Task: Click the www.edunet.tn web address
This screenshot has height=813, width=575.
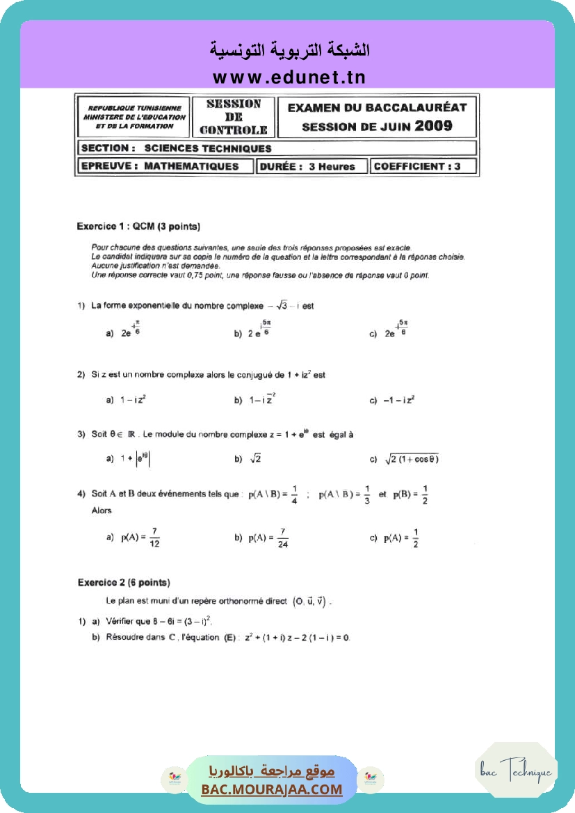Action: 289,77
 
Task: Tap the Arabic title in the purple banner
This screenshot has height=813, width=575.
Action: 289,50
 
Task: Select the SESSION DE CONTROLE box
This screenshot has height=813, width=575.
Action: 233,117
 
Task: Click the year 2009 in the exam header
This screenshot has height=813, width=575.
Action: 433,126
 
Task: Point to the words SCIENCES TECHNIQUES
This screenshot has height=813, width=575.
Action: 208,148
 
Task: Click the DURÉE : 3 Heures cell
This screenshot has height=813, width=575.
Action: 312,167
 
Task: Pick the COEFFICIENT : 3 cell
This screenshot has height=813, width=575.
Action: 416,167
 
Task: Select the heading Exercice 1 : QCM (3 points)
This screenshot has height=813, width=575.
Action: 138,227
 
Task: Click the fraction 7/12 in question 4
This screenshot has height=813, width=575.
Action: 154,538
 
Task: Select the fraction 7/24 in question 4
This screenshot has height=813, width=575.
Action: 282,538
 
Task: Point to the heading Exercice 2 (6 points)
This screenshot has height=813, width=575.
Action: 124,583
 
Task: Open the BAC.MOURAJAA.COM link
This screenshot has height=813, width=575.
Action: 272,789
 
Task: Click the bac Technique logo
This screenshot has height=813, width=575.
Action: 516,771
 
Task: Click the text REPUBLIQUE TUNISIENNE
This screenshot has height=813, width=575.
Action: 134,108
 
